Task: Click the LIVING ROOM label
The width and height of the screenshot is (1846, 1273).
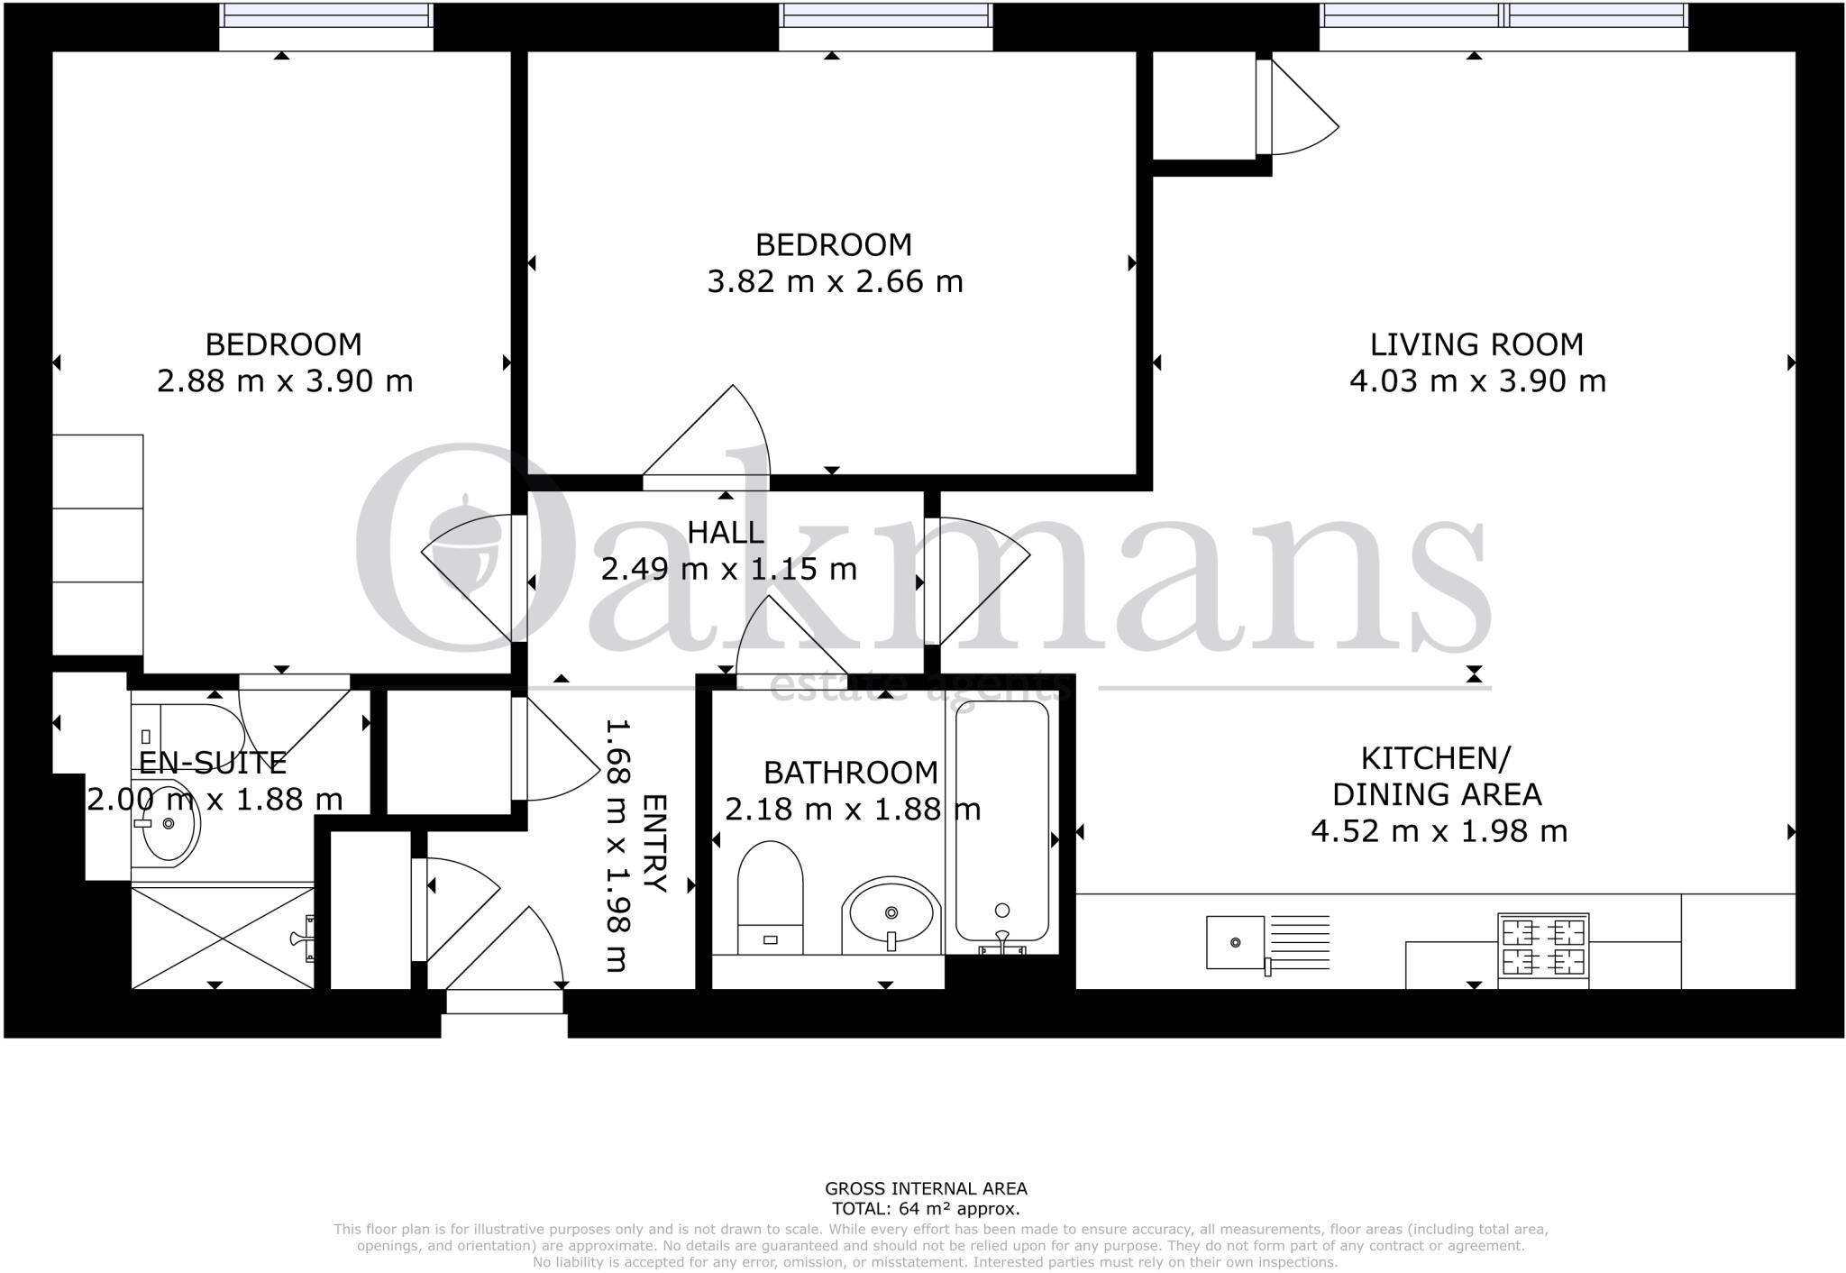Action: click(x=1476, y=344)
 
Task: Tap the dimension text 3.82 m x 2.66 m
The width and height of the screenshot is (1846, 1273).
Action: click(x=835, y=282)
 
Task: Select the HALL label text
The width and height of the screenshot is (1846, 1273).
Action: click(x=726, y=533)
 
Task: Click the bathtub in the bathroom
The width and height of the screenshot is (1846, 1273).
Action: click(x=1001, y=820)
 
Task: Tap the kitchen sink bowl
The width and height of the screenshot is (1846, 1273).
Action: click(x=1235, y=942)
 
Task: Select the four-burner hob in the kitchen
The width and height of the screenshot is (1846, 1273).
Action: click(x=1543, y=946)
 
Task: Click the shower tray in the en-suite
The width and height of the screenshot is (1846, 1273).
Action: click(x=222, y=938)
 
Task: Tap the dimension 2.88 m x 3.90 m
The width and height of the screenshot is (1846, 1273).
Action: click(x=285, y=381)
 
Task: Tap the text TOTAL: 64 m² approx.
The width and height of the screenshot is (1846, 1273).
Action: click(x=926, y=1210)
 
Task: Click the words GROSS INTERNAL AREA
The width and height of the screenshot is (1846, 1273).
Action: click(x=926, y=1189)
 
